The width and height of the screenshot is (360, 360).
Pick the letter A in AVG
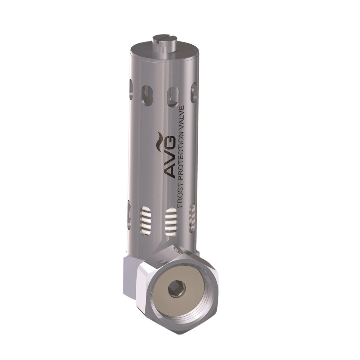click(x=170, y=171)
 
